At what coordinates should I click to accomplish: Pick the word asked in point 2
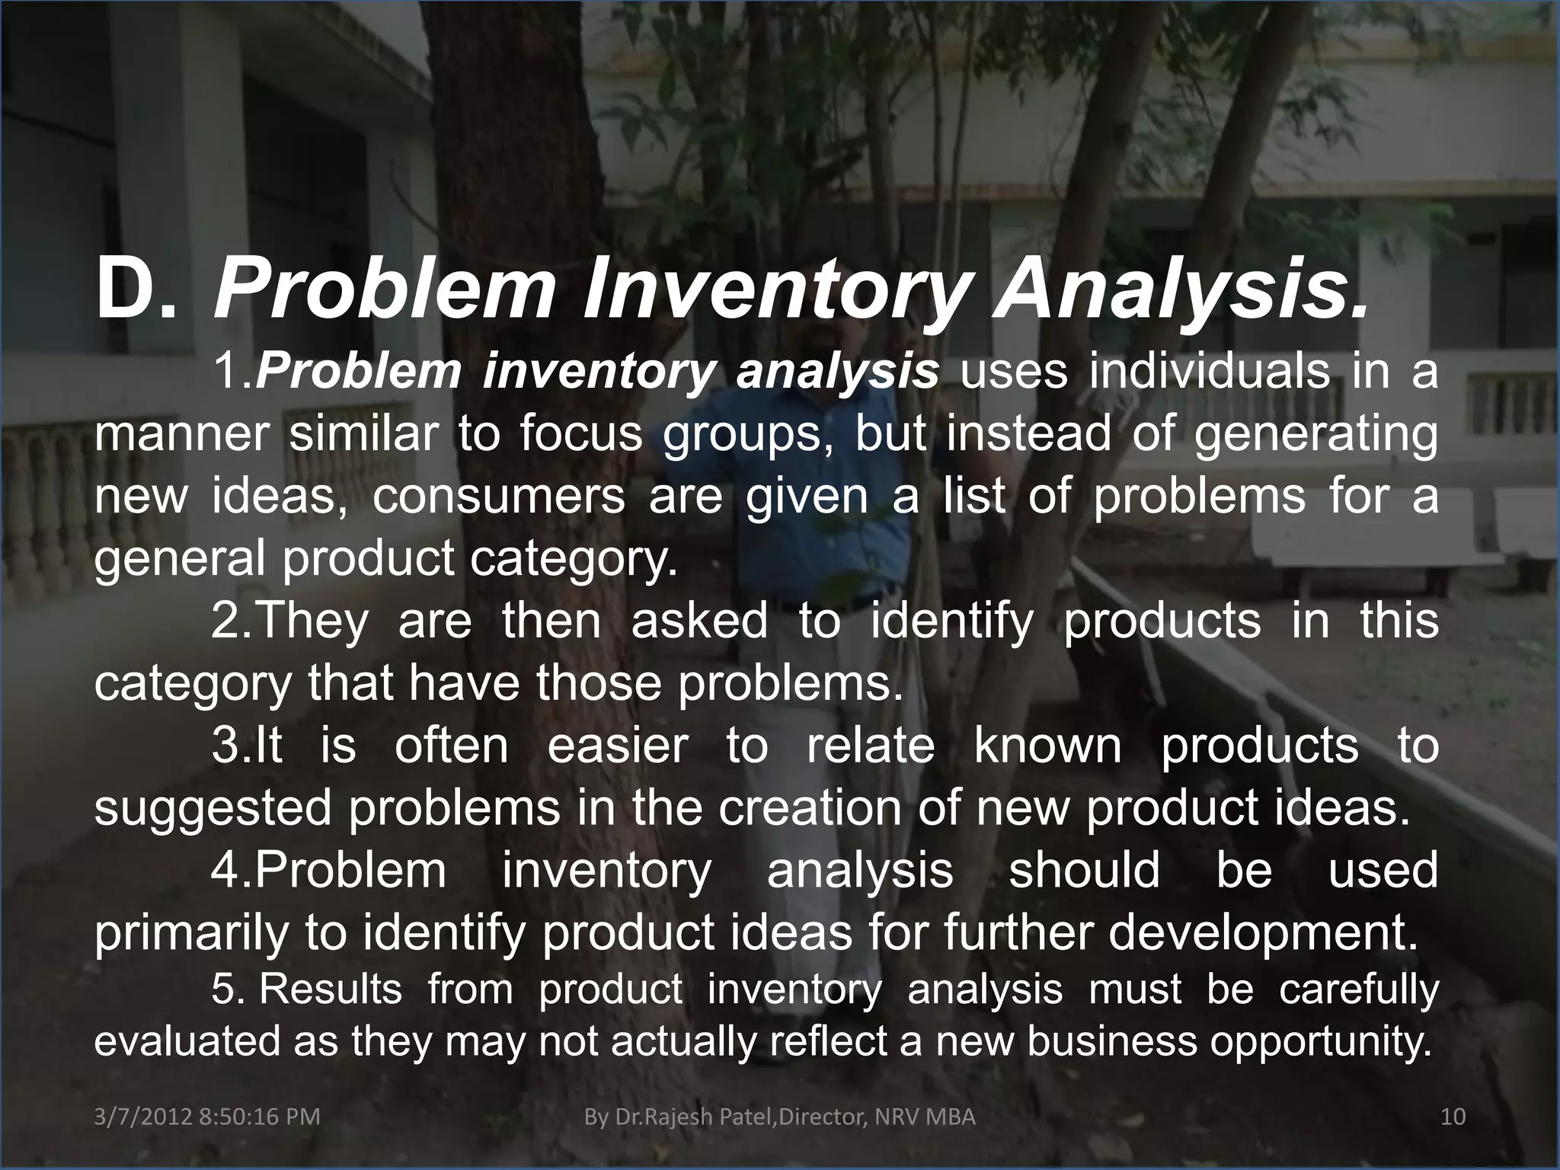pyautogui.click(x=698, y=620)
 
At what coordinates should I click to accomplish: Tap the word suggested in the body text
pyautogui.click(x=213, y=807)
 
